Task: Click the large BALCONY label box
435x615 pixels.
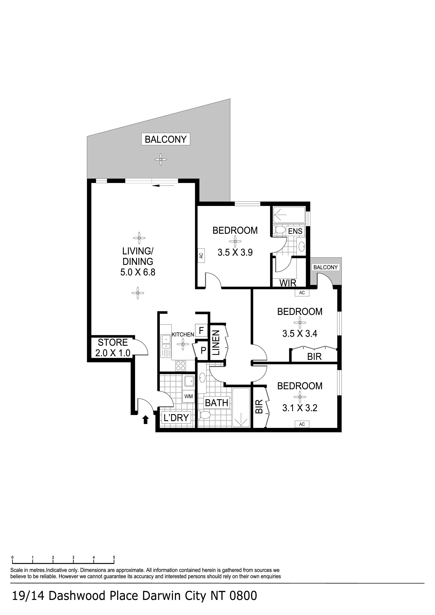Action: [x=166, y=139]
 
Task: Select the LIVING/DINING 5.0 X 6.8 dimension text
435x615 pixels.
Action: [x=138, y=272]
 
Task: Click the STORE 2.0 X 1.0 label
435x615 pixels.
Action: [x=113, y=348]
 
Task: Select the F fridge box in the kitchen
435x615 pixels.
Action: [x=202, y=330]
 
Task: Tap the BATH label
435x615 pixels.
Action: [x=217, y=403]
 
